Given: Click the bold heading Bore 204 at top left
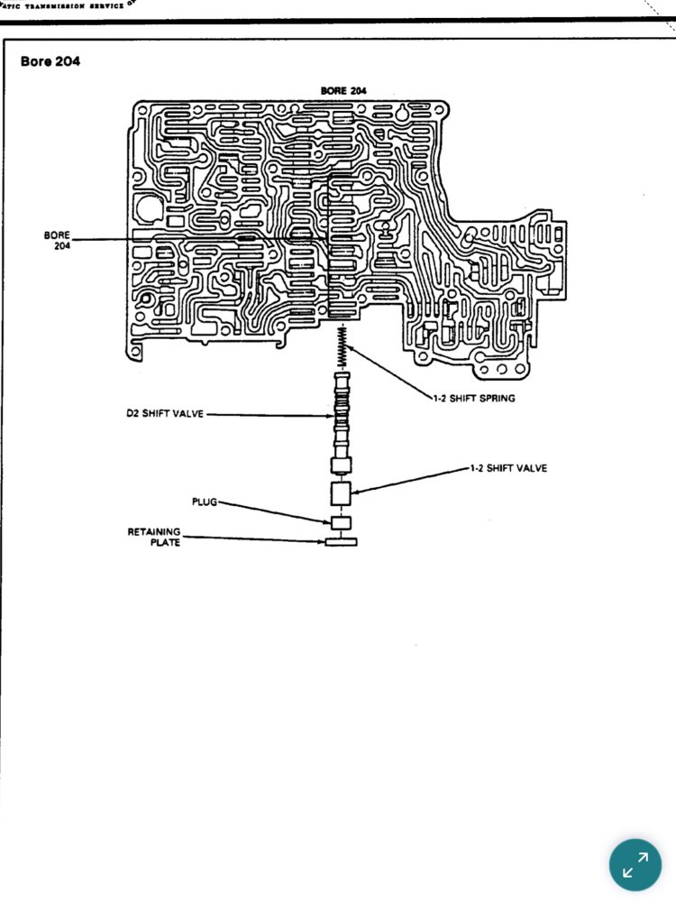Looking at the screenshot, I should pyautogui.click(x=50, y=62).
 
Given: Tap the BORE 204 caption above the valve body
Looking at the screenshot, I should pyautogui.click(x=343, y=90).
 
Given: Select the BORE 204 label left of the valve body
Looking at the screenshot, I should pyautogui.click(x=57, y=240).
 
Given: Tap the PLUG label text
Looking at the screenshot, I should pyautogui.click(x=204, y=501).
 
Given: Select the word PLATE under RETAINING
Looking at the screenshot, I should pyautogui.click(x=165, y=543).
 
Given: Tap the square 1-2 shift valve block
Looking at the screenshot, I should pyautogui.click(x=342, y=494).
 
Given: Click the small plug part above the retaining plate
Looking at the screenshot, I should pyautogui.click(x=341, y=522).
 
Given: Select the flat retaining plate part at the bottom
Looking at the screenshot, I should pyautogui.click(x=341, y=541).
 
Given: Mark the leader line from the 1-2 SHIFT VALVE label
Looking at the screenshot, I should pyautogui.click(x=410, y=480).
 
